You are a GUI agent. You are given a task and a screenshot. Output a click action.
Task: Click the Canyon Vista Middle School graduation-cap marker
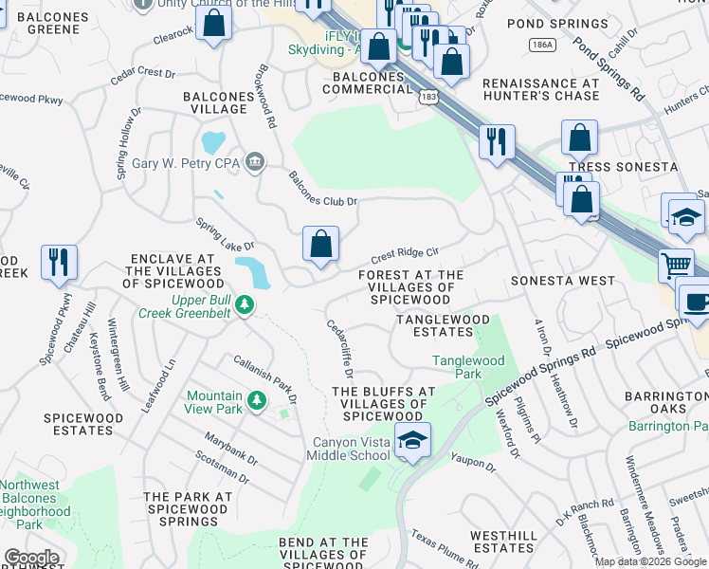(412, 441)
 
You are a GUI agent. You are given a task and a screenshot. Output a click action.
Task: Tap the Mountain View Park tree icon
(256, 402)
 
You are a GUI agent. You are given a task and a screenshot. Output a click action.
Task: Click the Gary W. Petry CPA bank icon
(254, 163)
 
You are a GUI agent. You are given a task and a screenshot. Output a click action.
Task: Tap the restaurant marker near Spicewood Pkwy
(60, 262)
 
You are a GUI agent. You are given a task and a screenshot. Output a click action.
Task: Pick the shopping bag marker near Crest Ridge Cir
(321, 244)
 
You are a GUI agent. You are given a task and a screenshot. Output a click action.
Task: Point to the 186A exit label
(543, 45)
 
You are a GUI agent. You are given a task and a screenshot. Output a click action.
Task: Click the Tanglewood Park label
(468, 367)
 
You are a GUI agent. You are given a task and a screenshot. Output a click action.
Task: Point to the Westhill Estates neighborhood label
(502, 541)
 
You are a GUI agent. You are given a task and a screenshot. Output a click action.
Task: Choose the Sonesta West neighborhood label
(563, 282)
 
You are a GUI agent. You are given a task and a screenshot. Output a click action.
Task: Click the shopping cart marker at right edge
(676, 265)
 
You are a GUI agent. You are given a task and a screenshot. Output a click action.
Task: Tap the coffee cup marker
(697, 303)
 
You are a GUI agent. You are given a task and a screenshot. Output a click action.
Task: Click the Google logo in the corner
(31, 559)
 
